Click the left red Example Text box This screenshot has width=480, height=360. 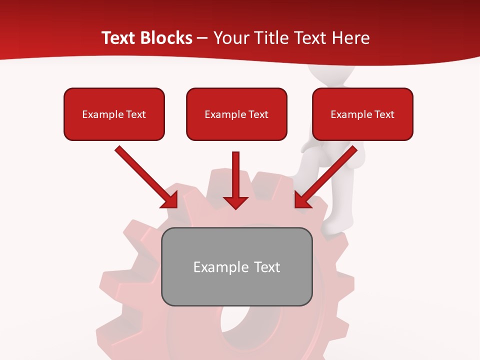point(114,114)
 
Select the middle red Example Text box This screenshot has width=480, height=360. point(236,114)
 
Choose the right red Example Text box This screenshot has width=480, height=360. point(362,114)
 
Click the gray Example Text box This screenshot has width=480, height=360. point(236,266)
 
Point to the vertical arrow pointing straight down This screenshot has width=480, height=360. point(236,175)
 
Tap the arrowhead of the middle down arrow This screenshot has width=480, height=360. point(236,202)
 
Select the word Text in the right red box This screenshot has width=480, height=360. point(384,114)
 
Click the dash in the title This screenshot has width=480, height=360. point(202,38)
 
